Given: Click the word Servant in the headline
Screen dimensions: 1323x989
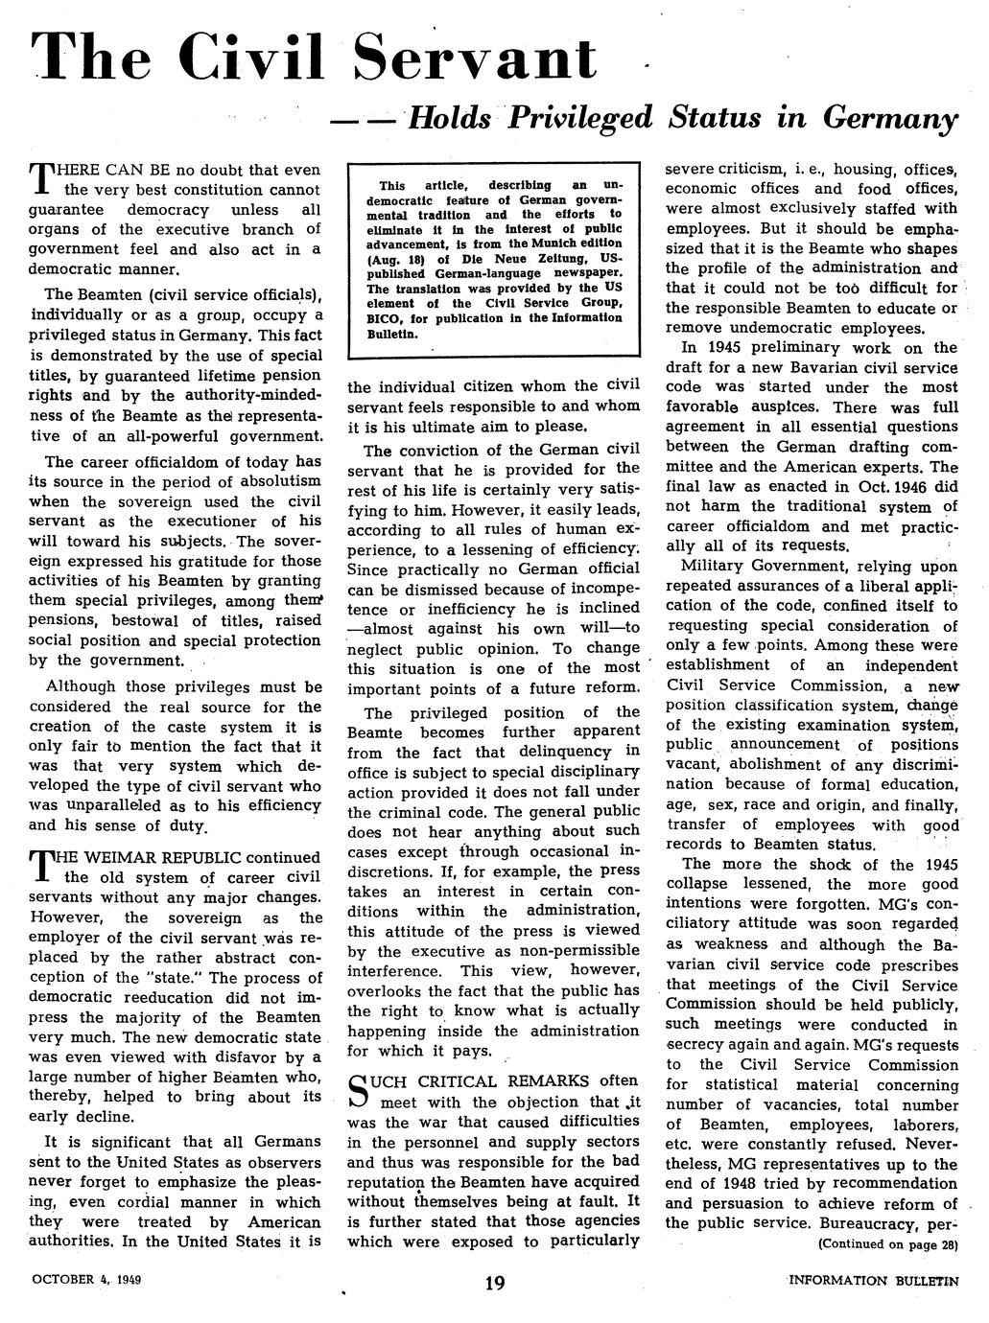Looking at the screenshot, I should (x=476, y=58).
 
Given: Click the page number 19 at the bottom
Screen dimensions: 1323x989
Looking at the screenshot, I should (x=495, y=1282).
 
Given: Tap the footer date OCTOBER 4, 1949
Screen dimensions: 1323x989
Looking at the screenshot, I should (x=86, y=1280).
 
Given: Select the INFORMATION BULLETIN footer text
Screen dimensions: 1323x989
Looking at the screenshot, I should (x=873, y=1280).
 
